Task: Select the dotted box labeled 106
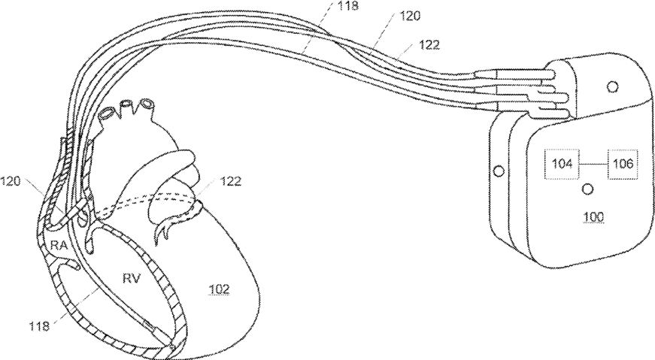coord(623,162)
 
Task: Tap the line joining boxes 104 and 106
coord(592,162)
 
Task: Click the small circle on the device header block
coord(612,88)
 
